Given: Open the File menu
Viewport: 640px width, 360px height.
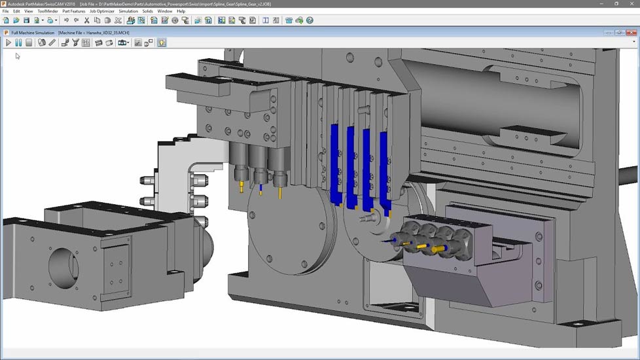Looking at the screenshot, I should tap(6, 11).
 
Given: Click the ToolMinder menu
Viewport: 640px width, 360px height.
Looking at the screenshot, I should tap(47, 11).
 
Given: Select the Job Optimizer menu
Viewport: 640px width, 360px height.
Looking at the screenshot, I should tap(101, 11).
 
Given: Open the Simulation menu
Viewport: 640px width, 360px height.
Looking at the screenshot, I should tap(128, 11).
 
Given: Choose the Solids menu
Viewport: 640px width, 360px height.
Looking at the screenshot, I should tap(148, 11).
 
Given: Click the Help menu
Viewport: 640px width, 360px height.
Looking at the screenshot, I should tap(181, 11).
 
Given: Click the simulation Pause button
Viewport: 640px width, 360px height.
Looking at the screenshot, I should tap(18, 43).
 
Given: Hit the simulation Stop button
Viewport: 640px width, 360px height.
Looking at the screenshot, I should tap(28, 43).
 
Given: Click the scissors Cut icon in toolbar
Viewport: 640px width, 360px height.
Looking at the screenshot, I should tap(86, 20).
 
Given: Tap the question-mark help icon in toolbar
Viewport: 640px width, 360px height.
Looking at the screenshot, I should tap(310, 20).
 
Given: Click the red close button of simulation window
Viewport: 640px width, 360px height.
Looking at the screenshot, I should tap(633, 32).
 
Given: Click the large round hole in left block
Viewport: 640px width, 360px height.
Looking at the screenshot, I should tap(63, 262).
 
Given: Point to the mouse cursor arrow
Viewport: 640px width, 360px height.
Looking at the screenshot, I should tap(18, 56).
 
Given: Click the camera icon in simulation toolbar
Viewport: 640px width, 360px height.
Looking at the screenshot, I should tap(122, 43).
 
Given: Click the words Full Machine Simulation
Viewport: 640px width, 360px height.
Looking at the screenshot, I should tap(33, 32).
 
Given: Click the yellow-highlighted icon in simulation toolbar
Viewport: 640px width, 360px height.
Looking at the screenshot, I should tap(162, 43).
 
